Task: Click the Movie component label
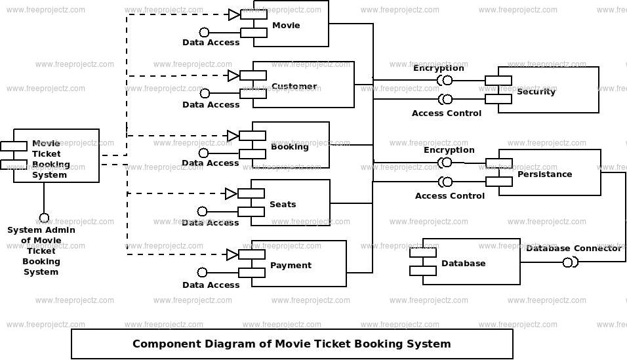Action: point(286,26)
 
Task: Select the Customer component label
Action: point(294,87)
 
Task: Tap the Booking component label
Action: point(289,147)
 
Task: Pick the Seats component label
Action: point(283,205)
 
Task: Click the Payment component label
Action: point(291,266)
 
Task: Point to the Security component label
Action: point(536,92)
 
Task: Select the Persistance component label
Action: point(544,174)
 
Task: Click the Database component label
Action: point(463,264)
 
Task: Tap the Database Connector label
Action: point(573,249)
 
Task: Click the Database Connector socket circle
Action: point(569,263)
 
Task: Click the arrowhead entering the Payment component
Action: point(232,254)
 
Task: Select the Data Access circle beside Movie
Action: point(204,32)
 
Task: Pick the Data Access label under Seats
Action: point(211,223)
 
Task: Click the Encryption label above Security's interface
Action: point(438,68)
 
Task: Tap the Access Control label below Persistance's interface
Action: point(450,196)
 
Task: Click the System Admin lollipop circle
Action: point(44,218)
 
